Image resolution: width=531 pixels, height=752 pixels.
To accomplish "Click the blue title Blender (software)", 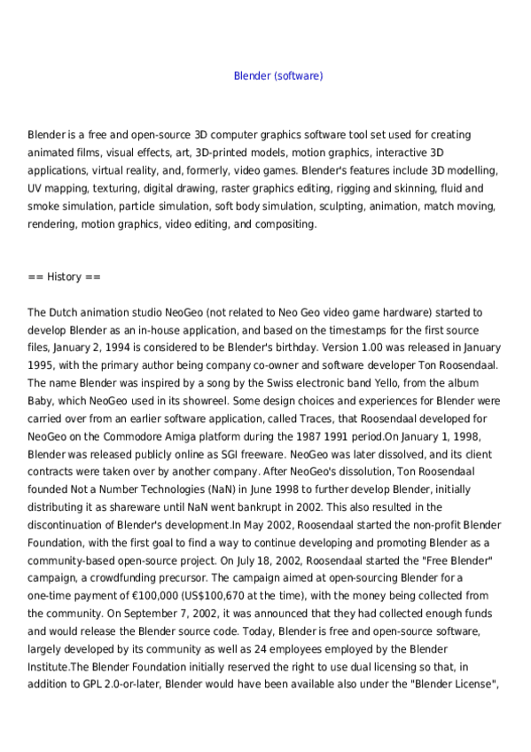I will [278, 76].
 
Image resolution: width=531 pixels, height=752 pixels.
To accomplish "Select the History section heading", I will [64, 277].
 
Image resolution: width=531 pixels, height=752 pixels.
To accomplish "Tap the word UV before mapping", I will [36, 189].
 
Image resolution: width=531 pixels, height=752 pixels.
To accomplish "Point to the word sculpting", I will [380, 207].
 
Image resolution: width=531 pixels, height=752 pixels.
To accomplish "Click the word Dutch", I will [63, 312].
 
